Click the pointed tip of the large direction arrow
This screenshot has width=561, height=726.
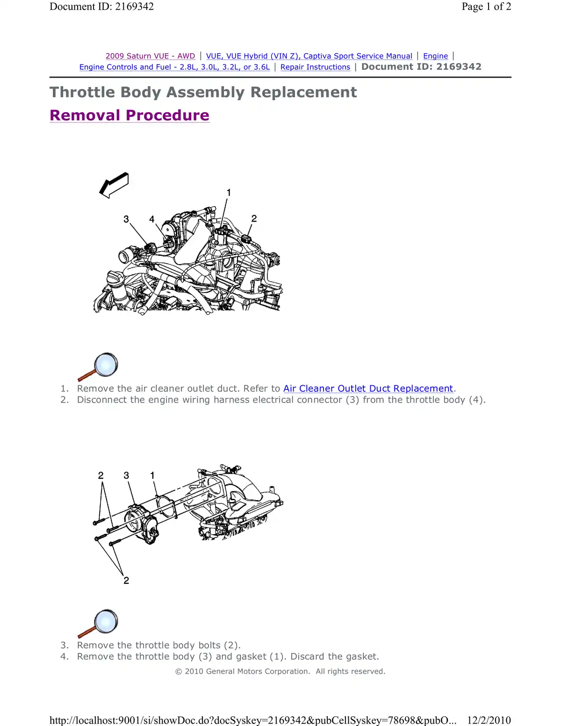click(100, 193)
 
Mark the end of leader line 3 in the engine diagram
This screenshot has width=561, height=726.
click(147, 244)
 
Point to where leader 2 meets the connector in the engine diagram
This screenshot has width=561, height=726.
click(248, 236)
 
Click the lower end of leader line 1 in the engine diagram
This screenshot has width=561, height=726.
click(221, 228)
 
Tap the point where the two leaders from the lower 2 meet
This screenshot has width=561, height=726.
click(123, 574)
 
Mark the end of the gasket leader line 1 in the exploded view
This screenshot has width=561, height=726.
click(157, 496)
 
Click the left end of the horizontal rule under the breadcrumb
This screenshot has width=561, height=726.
click(50, 77)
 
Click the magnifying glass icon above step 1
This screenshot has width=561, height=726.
click(98, 367)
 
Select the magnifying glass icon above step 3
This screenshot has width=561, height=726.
click(98, 624)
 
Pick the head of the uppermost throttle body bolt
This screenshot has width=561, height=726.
click(95, 523)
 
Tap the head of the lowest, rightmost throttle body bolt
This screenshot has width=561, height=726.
click(111, 544)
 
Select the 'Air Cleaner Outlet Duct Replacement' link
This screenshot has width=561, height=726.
click(368, 388)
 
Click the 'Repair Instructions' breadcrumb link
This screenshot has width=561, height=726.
click(315, 67)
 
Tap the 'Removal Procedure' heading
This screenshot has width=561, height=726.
click(129, 115)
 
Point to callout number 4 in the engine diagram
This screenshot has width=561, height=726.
click(151, 219)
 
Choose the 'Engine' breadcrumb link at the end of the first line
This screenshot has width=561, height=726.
click(435, 56)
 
